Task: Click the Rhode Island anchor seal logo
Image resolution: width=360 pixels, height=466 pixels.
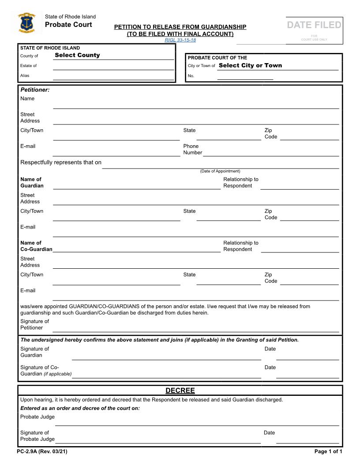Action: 27,23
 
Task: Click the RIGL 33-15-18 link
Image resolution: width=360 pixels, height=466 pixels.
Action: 180,40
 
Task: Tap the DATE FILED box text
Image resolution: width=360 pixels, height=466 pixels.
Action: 314,25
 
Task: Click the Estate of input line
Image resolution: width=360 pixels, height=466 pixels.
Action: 113,66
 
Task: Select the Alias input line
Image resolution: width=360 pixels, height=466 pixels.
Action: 113,76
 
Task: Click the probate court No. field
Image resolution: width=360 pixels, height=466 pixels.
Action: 245,76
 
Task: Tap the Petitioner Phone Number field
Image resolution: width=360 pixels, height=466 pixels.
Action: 270,152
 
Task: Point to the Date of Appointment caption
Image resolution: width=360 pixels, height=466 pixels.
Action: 220,171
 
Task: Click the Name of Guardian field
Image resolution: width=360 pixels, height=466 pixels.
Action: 136,185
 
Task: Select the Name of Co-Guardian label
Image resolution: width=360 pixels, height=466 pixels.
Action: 36,246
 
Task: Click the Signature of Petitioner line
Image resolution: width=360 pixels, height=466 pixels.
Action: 196,328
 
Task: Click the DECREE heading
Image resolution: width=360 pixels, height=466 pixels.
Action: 180,391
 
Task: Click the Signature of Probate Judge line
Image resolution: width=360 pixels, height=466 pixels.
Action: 158,439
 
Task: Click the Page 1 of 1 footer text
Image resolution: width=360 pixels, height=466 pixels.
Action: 328,451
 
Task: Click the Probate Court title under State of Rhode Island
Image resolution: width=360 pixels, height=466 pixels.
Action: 68,25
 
